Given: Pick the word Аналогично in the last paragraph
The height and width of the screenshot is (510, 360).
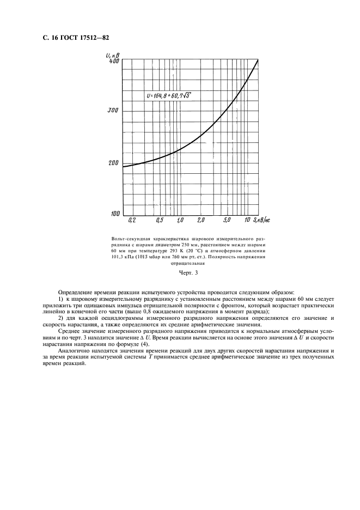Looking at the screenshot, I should (75, 352).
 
